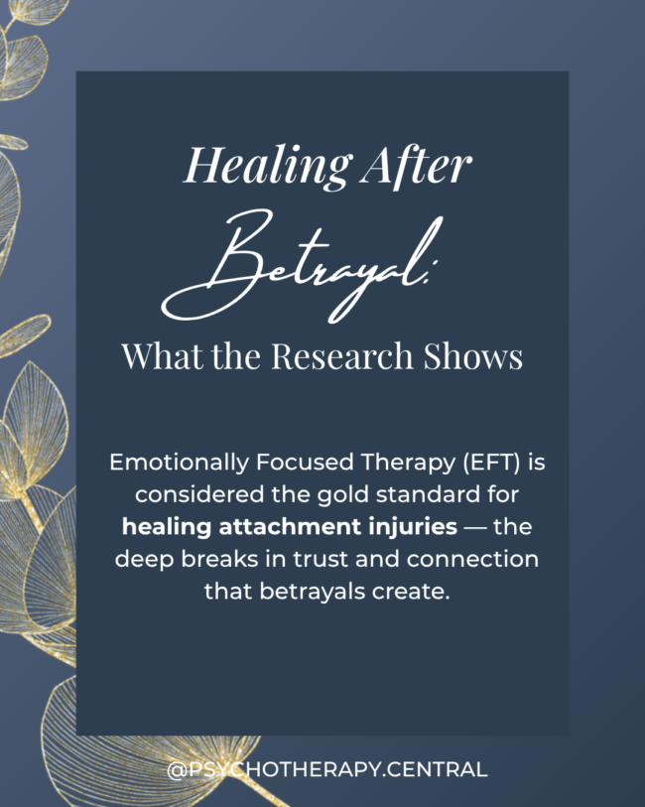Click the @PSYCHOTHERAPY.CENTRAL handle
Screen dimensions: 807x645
(x=326, y=769)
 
